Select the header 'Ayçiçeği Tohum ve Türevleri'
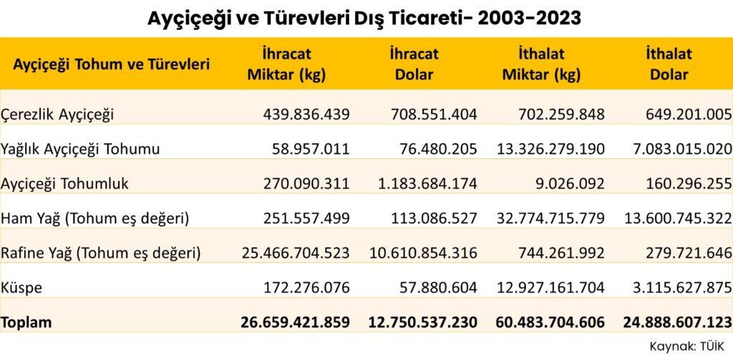[112, 64]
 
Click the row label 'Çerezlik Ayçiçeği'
[58, 114]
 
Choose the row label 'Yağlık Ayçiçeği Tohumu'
[80, 149]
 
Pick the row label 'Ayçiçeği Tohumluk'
[65, 183]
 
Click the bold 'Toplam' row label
[26, 323]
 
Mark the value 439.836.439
[296, 114]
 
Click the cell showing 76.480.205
[435, 149]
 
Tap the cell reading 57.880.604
[435, 288]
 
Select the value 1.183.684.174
[424, 183]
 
